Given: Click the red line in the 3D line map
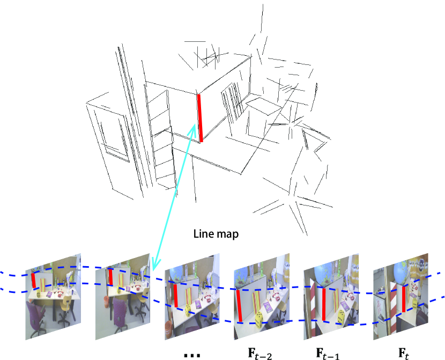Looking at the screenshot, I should tap(200, 118).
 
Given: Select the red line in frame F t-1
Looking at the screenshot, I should tap(324, 306).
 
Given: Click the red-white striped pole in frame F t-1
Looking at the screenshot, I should tap(311, 311).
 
